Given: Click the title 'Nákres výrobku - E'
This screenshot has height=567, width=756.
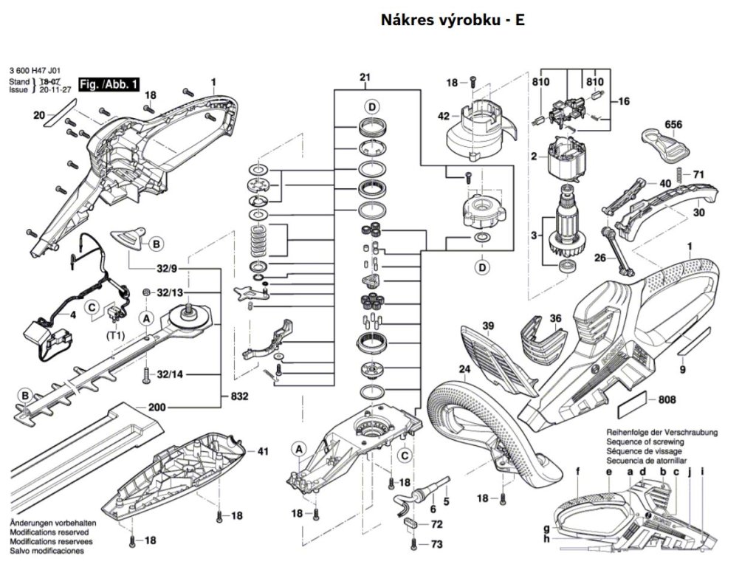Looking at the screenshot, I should (x=453, y=20).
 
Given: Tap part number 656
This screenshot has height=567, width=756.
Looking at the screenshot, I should (x=673, y=123).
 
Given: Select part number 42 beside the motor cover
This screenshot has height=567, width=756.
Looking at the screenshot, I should (x=444, y=116).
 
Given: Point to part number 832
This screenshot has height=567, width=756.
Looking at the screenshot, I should (x=239, y=396).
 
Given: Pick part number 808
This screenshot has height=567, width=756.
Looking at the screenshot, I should (x=667, y=400).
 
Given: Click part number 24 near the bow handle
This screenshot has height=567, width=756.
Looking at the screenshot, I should (x=464, y=369).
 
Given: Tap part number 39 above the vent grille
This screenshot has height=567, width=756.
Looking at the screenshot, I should (x=488, y=326).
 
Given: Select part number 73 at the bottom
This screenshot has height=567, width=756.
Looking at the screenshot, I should (x=437, y=544).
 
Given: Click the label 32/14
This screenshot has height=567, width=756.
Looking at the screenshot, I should (x=170, y=374).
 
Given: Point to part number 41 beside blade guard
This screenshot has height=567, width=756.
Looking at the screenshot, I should (x=263, y=451).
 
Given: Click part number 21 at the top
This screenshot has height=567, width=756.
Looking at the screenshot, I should (x=365, y=78).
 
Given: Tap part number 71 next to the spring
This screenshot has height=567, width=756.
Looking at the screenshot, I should (x=698, y=174).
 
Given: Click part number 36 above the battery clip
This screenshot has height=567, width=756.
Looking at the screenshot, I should (x=555, y=318).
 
